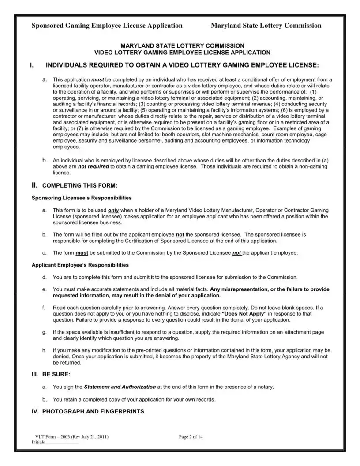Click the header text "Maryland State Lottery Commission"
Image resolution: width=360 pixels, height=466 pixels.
(266, 26)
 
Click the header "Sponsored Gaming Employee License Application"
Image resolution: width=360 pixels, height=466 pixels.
(107, 26)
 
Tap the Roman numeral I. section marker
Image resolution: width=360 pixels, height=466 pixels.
(31, 65)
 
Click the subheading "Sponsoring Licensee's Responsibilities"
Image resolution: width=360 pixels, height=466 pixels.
(82, 198)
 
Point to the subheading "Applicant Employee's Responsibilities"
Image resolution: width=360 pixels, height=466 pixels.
(80, 265)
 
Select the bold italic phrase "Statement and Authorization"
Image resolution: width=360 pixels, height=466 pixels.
(120, 387)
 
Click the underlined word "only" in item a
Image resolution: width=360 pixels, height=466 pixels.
(113, 210)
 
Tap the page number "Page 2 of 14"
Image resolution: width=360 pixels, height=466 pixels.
(191, 437)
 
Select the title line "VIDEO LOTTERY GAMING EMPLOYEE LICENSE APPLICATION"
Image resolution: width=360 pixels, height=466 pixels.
(182, 52)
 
